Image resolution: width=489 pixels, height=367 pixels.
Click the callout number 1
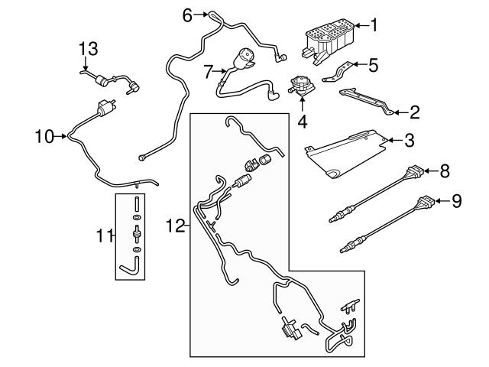pos(374,25)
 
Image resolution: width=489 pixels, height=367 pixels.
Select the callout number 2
pos(415,113)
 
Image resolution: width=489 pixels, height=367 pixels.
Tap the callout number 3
pos(410,141)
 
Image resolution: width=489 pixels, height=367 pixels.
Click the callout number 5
pos(373,66)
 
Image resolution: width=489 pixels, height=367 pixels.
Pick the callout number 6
pos(187,14)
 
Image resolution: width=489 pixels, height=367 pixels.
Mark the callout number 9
pos(457,201)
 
